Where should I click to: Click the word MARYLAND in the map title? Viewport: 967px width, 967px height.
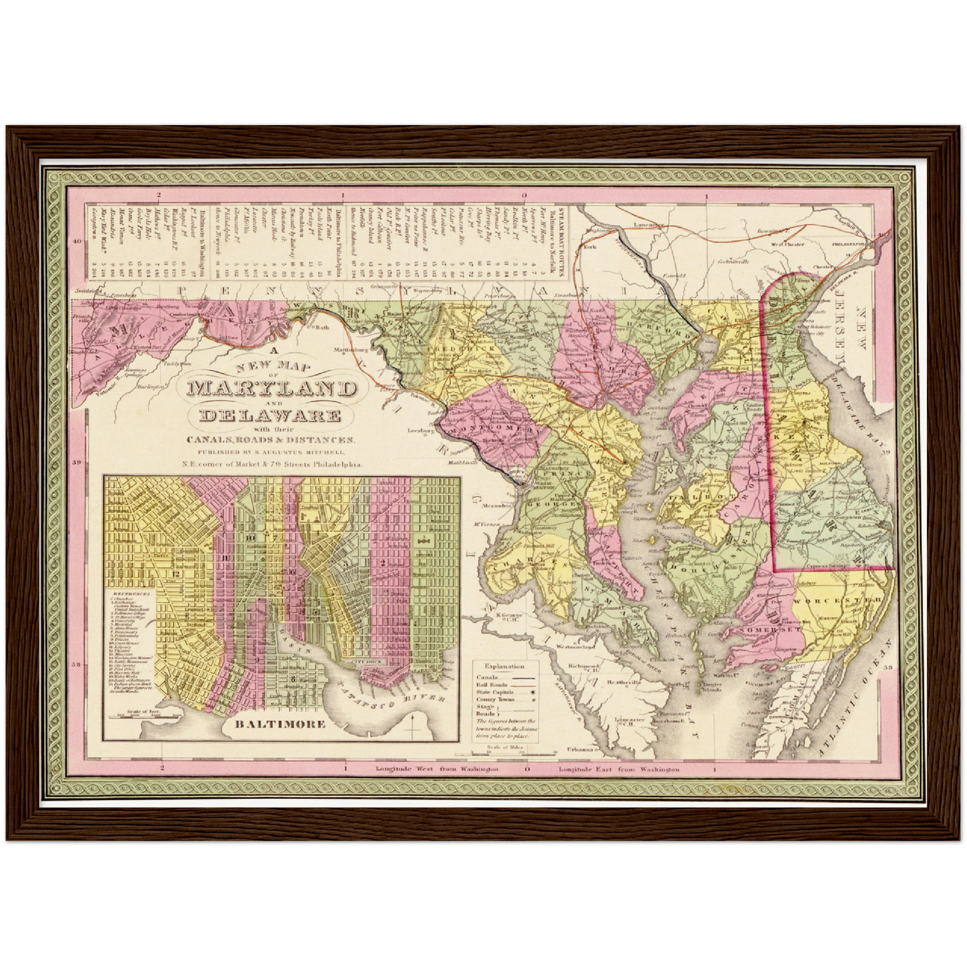tap(272, 388)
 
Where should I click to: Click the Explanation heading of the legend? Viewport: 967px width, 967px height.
tap(505, 667)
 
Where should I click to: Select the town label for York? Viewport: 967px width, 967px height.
tap(590, 247)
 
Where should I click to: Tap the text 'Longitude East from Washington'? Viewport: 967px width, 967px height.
tap(619, 770)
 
